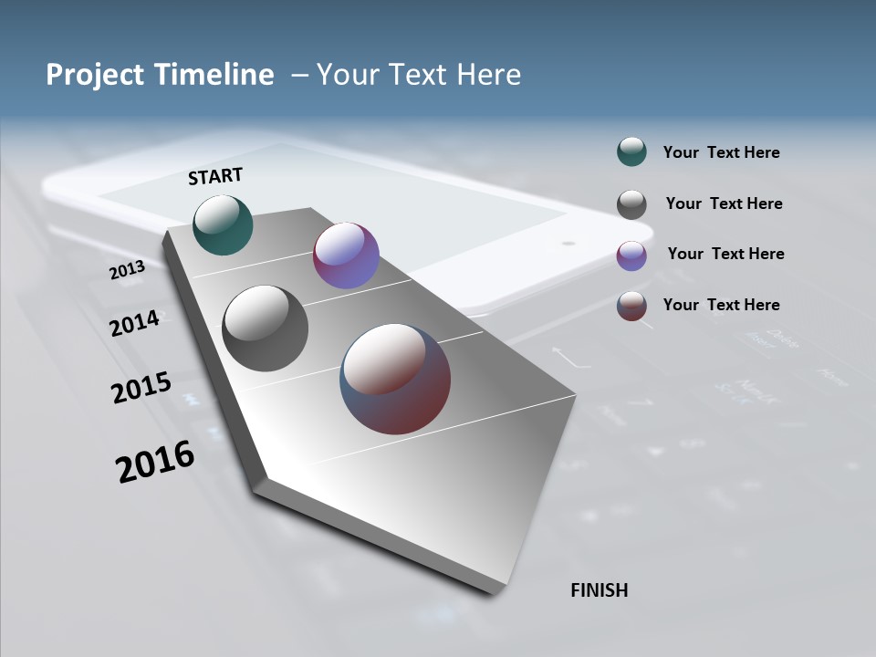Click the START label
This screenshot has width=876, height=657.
215,175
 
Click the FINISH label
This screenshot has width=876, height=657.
599,590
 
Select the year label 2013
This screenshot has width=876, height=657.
127,270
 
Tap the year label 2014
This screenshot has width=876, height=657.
134,323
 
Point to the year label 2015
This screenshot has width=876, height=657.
141,388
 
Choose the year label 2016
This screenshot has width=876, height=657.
154,461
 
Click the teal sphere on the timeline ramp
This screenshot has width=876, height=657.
223,224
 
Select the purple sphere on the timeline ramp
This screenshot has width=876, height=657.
346,255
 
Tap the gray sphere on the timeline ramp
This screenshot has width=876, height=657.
265,328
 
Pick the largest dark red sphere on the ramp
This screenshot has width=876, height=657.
395,379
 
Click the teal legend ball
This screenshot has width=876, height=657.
631,152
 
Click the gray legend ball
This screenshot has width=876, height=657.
631,204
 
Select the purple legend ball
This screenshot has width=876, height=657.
631,255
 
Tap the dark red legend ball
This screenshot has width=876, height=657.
631,306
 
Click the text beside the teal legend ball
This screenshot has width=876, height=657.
721,152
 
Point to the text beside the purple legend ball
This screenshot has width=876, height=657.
725,254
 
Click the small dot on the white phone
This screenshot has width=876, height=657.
568,244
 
